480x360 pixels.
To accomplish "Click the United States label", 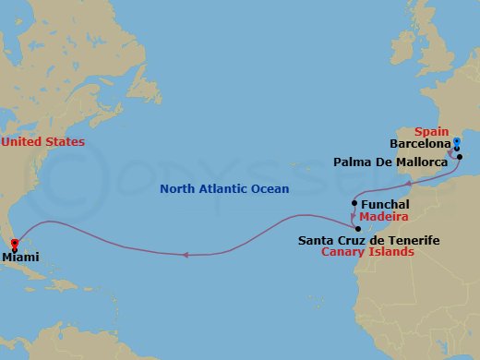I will coord(42,142).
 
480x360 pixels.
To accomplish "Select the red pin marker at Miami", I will coord(13,246).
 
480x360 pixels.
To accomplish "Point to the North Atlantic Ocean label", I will coord(225,189).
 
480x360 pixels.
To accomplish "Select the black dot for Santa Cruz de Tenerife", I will coord(357,229).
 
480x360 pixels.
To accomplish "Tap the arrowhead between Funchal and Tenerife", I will coord(353,217).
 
